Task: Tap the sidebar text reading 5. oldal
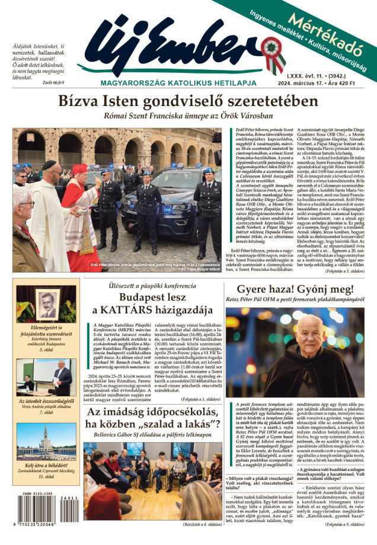(47, 350)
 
